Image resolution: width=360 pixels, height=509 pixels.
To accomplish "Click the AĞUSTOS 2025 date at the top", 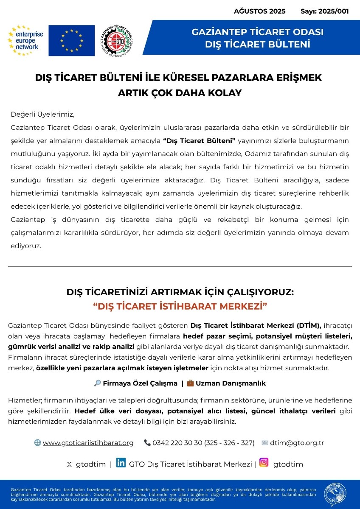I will click(259, 11).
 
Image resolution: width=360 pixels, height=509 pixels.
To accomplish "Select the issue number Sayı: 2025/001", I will click(324, 11).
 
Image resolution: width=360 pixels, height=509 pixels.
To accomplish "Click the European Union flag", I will click(71, 41).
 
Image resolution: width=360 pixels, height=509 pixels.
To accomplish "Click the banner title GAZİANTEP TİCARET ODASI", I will click(258, 32).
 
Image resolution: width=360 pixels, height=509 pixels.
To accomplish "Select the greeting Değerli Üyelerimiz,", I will click(42, 114).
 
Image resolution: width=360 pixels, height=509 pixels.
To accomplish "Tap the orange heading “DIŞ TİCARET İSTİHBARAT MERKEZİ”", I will click(180, 306).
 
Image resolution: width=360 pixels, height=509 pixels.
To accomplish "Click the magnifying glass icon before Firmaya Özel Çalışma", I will click(97, 383).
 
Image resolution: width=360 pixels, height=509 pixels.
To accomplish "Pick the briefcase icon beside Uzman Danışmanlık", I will click(191, 383).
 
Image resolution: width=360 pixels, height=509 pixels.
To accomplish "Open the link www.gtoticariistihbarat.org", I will click(88, 443).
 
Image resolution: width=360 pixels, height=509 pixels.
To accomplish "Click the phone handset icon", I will click(147, 443).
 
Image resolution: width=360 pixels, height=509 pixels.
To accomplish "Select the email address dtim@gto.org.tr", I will click(297, 443).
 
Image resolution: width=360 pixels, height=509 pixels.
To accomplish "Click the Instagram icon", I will click(264, 463).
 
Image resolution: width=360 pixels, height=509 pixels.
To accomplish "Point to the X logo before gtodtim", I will click(69, 464).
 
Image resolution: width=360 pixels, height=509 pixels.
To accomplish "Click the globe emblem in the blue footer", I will click(335, 495).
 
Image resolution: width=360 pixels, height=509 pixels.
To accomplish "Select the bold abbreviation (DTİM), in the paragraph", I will click(307, 326).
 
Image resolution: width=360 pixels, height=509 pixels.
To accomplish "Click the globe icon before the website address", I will click(38, 443).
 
